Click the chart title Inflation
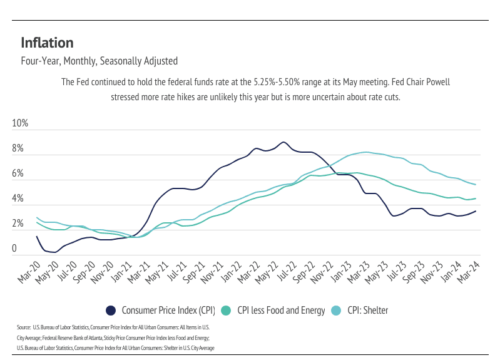(x=47, y=43)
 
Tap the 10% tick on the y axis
(x=20, y=123)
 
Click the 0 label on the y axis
(x=14, y=249)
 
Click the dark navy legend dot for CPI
(x=111, y=310)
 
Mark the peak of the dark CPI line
(x=283, y=142)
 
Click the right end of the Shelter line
(x=476, y=184)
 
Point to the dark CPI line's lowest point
(x=54, y=252)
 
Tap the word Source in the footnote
(x=24, y=327)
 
